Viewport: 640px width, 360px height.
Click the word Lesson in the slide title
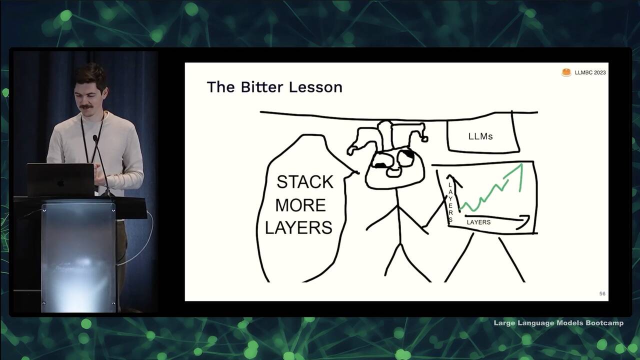point(315,87)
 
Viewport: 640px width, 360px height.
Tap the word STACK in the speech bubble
point(305,182)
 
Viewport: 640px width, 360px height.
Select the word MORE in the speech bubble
point(300,205)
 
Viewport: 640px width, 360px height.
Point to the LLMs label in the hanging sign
point(480,136)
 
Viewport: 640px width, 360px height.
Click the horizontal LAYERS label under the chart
point(478,222)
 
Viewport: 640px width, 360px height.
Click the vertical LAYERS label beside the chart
point(450,202)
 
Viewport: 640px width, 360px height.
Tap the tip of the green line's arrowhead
point(522,164)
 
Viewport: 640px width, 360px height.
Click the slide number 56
point(602,293)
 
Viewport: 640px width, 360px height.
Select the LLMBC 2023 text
point(590,72)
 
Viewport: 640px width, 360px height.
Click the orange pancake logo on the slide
point(566,72)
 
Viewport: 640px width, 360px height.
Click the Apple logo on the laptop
point(60,183)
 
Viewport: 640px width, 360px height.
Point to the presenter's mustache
point(86,107)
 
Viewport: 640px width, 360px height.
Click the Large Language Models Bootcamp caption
point(558,323)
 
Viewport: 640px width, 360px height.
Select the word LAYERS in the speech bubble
point(299,227)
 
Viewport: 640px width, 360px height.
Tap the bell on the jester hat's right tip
point(424,139)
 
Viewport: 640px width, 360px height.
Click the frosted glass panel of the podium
point(78,257)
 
